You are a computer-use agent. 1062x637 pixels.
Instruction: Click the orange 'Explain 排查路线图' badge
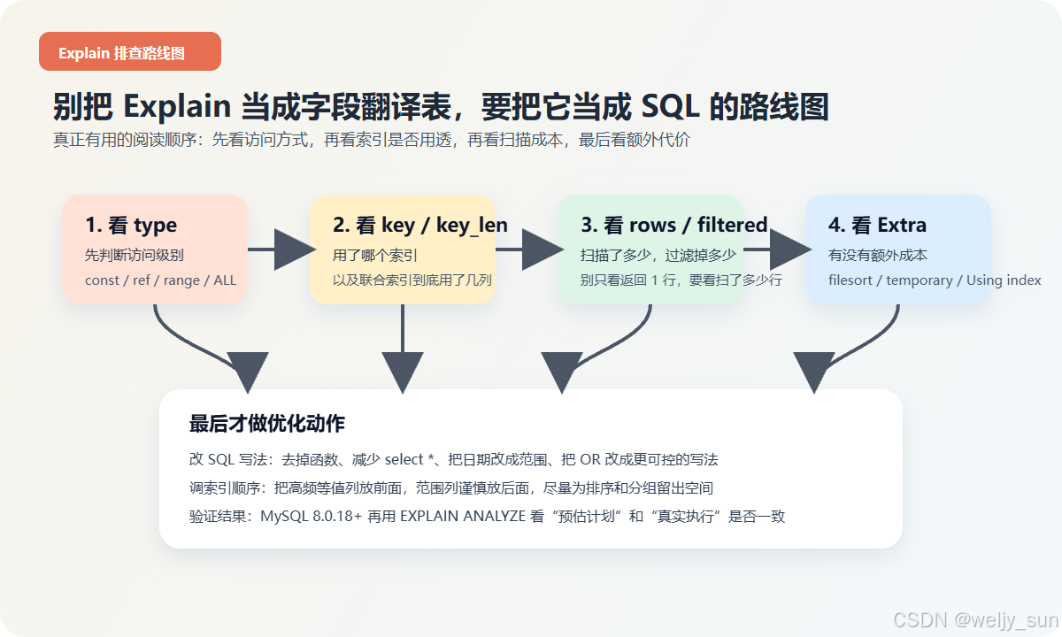129,52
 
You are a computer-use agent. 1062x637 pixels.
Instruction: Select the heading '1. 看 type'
131,226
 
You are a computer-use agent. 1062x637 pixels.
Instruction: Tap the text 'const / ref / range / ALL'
160,280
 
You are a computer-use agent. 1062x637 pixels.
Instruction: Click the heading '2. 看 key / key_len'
419,226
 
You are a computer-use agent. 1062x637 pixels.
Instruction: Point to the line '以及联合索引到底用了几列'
412,280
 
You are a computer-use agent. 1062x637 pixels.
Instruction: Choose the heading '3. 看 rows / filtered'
673,226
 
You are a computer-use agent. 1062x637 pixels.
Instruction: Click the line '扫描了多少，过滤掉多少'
658,255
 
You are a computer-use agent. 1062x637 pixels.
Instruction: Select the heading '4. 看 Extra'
877,226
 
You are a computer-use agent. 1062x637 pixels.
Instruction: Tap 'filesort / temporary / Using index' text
934,280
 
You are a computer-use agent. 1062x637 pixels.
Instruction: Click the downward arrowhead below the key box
403,371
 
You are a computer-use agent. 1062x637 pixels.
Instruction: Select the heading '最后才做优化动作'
266,424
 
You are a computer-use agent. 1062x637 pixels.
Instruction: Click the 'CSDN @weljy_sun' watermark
974,620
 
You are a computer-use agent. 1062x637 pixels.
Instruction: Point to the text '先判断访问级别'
135,255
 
